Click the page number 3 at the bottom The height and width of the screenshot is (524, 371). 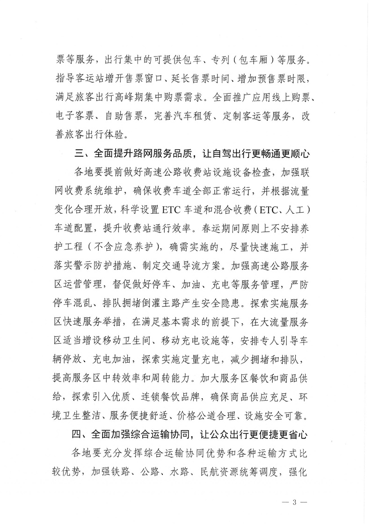tap(295, 503)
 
